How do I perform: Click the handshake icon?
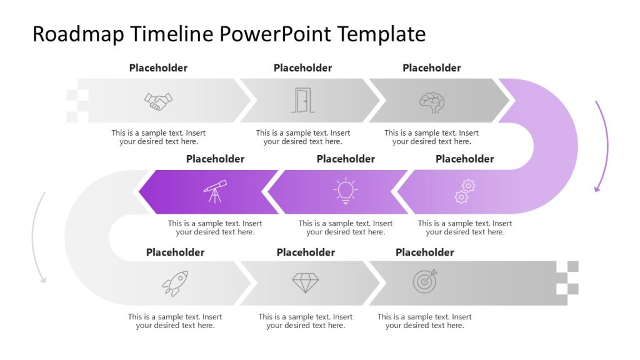point(158,101)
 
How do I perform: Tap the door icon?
point(302,100)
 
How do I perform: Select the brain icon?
point(432,102)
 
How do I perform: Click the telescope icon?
point(215,191)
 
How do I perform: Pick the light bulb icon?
point(346,191)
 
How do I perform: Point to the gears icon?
point(465,191)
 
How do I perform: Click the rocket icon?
point(175,283)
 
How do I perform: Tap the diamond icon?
point(305,282)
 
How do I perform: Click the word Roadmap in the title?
point(78,34)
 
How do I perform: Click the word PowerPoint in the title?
point(276,34)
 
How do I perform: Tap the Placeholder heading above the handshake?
point(158,67)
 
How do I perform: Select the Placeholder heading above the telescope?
point(215,159)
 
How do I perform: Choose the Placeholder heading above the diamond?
point(306,252)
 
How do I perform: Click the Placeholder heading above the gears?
point(465,159)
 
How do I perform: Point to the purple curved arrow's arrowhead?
point(597,189)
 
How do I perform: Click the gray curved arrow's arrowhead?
point(43,280)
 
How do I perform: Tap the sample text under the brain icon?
point(431,137)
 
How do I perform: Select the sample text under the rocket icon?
point(175,321)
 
